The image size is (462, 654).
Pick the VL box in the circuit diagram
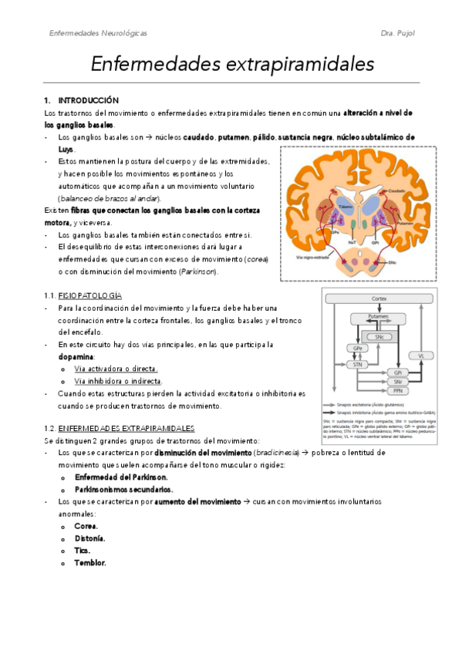421,356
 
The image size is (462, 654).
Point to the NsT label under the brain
352,241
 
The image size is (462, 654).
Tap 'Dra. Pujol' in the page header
399,34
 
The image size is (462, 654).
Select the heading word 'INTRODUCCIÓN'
89,100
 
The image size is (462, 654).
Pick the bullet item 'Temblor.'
90,562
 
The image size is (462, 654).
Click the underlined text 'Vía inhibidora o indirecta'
116,381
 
